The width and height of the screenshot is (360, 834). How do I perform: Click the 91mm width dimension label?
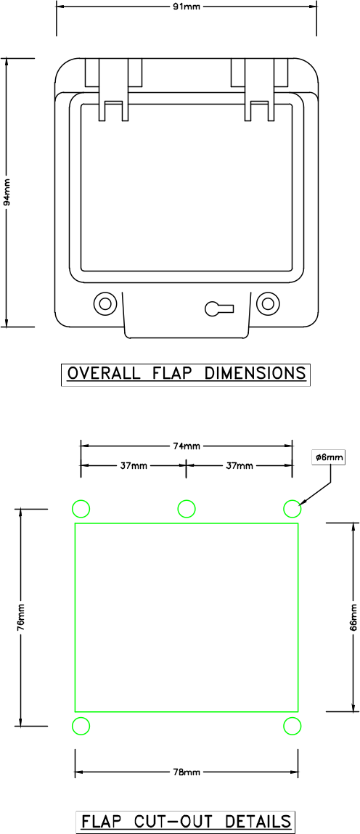(187, 6)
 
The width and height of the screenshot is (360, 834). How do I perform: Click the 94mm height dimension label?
(7, 193)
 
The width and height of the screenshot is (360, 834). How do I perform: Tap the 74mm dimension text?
(187, 446)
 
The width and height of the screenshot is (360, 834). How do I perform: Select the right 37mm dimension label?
(240, 465)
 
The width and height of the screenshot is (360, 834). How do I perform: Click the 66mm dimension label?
(353, 616)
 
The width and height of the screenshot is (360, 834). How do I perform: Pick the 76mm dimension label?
(21, 617)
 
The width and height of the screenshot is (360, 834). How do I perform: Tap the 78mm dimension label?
(187, 772)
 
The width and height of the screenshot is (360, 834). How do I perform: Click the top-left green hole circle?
(81, 508)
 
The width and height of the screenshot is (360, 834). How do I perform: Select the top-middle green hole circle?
(187, 508)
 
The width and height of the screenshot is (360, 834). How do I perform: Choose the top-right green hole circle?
(292, 508)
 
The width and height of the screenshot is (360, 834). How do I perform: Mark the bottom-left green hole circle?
(81, 726)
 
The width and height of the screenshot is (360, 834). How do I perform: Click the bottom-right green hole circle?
(292, 726)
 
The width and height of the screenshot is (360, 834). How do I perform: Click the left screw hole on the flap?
(105, 303)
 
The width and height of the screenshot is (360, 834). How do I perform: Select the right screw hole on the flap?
(268, 303)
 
